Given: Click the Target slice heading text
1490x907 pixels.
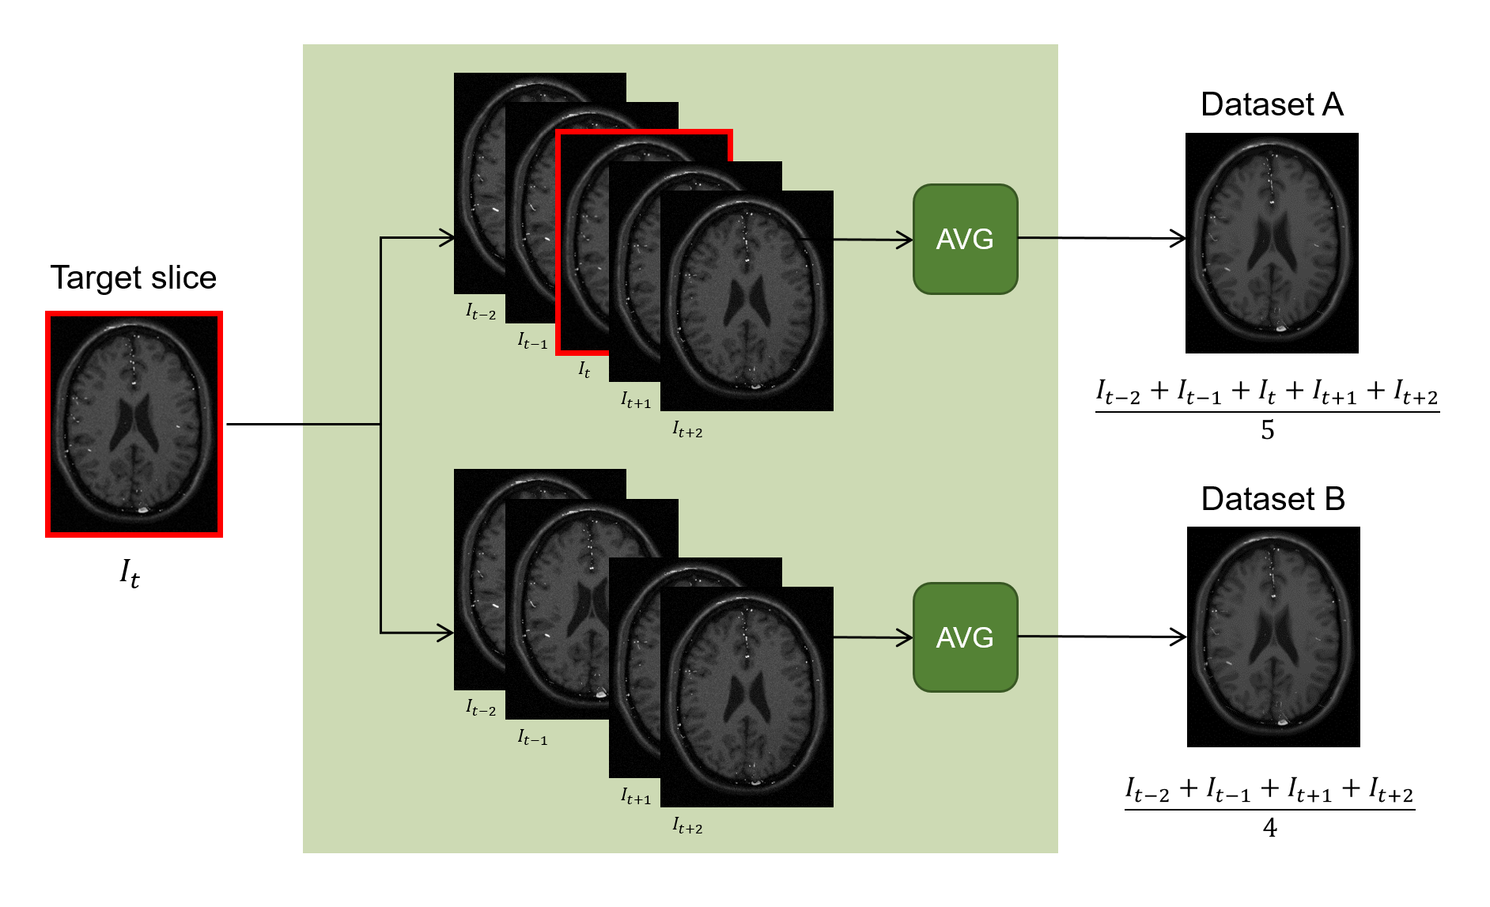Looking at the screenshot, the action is click(134, 278).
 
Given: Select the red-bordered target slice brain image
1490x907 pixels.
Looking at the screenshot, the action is click(134, 424).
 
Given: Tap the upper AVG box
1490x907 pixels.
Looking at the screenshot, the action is click(965, 239).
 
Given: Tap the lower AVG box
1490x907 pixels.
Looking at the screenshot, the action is click(965, 637).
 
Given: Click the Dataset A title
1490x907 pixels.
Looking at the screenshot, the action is click(1272, 104).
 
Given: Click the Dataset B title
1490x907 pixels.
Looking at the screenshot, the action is click(1273, 499).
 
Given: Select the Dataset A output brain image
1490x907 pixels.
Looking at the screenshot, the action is click(1272, 243).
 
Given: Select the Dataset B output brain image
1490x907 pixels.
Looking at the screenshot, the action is click(1273, 637).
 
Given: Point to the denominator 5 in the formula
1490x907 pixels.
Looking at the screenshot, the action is click(1268, 430).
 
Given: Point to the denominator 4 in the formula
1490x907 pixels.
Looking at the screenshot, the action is click(1270, 827).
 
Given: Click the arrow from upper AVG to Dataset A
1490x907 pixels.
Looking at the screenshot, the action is click(1102, 238).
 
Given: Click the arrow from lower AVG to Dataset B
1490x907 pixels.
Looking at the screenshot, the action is click(1102, 637).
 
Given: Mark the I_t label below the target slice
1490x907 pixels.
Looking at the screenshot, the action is click(130, 573).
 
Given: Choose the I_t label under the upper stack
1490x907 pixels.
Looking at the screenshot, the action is click(584, 369).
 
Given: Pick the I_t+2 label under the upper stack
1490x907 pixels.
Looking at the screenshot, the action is click(687, 429).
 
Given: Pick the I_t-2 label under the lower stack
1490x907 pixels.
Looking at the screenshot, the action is click(481, 708).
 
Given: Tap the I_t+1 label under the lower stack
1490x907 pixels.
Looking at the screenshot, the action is click(636, 796).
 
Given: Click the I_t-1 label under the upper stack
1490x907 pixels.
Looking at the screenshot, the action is click(532, 341).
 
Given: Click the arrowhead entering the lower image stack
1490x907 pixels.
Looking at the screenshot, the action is click(447, 633).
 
